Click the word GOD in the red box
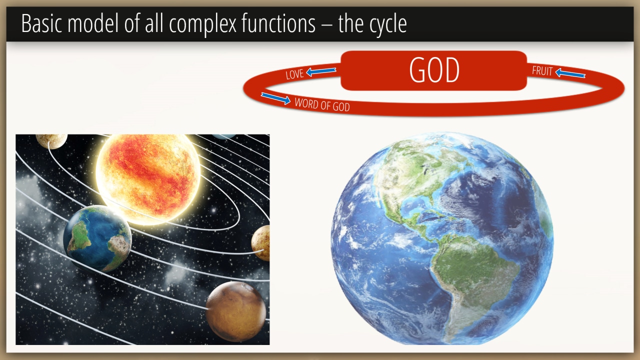[x=434, y=70]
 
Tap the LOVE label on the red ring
[x=294, y=74]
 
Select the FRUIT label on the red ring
[x=542, y=71]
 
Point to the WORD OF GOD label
[x=322, y=104]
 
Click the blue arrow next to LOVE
[x=321, y=71]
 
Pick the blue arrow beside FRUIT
[x=570, y=73]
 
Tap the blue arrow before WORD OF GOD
[x=275, y=98]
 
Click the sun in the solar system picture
[x=147, y=178]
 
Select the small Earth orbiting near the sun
[x=97, y=238]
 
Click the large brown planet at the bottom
[x=236, y=311]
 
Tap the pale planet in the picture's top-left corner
[x=51, y=141]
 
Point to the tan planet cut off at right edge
[x=260, y=243]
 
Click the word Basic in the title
[x=41, y=23]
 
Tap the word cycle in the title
[x=388, y=25]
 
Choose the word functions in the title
[x=278, y=23]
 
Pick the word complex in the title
[x=202, y=25]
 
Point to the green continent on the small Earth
[x=79, y=236]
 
